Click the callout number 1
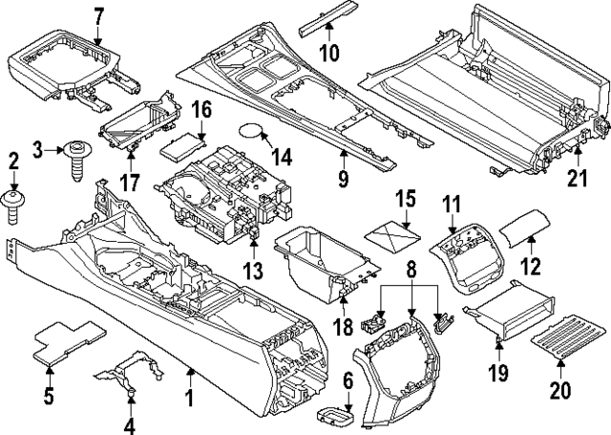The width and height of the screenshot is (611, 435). tap(190, 395)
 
